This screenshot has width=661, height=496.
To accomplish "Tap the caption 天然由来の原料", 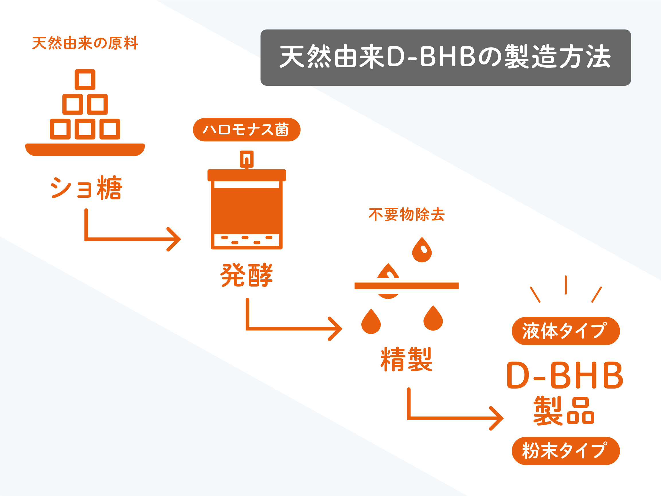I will click(85, 43).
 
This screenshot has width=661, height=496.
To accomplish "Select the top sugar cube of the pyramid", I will click(85, 80).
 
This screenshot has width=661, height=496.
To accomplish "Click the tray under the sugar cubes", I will click(85, 150).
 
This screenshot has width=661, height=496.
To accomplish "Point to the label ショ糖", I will click(86, 188).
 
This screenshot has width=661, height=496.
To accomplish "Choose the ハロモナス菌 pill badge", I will click(247, 130).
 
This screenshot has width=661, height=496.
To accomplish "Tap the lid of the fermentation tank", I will click(247, 175).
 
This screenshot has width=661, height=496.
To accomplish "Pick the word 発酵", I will click(247, 275).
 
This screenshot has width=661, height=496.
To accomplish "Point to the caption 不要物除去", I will click(406, 214).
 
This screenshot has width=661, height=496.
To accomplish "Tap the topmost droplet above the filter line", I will click(422, 250).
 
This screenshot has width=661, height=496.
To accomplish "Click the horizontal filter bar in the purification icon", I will click(406, 286).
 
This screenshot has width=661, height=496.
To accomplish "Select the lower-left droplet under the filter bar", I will click(371, 323).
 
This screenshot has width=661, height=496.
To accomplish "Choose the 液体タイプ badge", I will click(566, 331).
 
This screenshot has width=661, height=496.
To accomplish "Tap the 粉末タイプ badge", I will click(566, 451).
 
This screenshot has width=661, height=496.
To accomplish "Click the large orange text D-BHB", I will click(565, 376).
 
